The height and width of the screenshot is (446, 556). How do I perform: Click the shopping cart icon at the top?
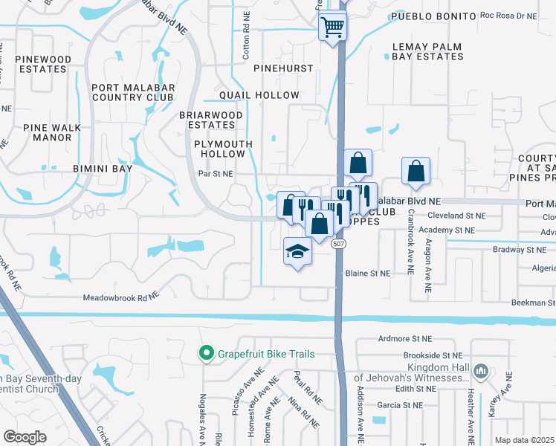click(333, 28)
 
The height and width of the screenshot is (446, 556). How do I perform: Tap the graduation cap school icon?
click(297, 252)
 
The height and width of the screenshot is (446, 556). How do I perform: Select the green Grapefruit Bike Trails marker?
click(204, 353)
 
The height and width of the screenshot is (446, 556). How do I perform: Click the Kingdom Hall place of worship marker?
click(481, 370)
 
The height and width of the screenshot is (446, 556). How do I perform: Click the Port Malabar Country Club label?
click(132, 92)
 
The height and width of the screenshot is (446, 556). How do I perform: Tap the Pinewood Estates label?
click(42, 64)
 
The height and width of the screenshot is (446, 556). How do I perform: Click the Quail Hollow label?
click(256, 95)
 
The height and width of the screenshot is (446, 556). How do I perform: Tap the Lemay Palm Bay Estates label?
click(427, 51)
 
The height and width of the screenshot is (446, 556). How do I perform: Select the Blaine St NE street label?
click(368, 274)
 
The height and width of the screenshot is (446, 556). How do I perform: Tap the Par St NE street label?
click(216, 174)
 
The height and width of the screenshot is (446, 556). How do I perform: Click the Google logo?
click(25, 436)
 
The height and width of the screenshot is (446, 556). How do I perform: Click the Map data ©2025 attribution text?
click(524, 440)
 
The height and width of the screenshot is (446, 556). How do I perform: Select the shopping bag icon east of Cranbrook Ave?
click(416, 171)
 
